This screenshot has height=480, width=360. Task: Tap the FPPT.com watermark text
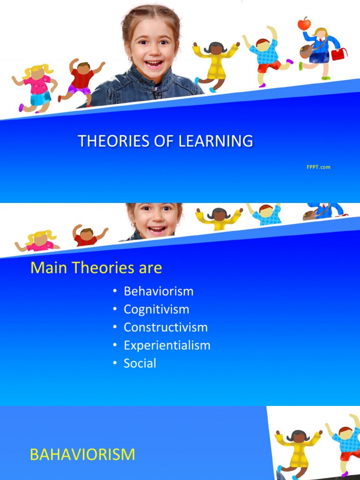point(319,167)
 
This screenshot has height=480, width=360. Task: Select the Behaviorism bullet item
point(158,291)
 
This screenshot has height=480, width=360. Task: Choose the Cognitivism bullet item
point(156,309)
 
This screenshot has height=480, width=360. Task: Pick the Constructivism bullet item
point(165,327)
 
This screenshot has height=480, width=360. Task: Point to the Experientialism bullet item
point(167,345)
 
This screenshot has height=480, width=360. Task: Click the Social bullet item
point(140,363)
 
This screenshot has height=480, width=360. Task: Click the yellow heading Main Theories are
point(96,268)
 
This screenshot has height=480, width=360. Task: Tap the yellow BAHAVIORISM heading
point(82,454)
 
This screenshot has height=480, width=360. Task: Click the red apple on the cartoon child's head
point(304,23)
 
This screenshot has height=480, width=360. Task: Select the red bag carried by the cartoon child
point(339,54)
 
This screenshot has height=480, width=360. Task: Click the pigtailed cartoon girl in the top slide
point(36,87)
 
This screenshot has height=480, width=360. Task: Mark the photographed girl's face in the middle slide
point(156,219)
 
